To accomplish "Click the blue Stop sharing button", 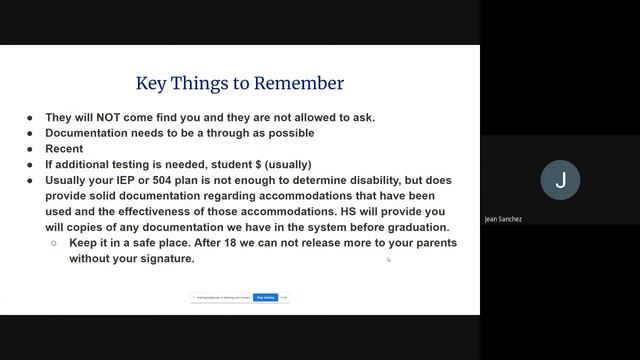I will [x=265, y=297].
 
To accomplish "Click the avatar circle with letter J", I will [x=560, y=180].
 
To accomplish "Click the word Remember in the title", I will [x=299, y=83].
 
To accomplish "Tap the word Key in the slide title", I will [x=151, y=83].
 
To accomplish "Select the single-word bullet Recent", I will [x=64, y=149].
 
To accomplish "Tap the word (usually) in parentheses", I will [x=291, y=164].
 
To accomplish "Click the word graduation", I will [x=416, y=227].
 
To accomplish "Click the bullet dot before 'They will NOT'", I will [x=30, y=117].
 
